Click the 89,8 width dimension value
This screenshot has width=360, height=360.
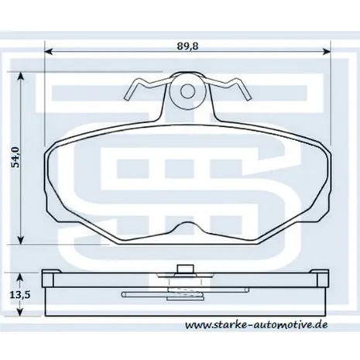coord(187,46)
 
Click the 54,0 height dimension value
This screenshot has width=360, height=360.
coord(15,157)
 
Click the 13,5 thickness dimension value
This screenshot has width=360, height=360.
coord(20,294)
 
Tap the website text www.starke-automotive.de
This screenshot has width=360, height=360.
coord(256,324)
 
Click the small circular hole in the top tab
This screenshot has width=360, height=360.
coord(187,91)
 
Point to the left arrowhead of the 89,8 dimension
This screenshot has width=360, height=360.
coord(49,51)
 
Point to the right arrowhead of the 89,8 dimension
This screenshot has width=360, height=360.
coord(327,51)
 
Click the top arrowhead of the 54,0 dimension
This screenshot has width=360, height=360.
coord(21,76)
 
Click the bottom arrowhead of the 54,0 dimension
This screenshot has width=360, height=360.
coord(21,240)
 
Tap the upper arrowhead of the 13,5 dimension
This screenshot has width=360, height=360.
coord(20,278)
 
